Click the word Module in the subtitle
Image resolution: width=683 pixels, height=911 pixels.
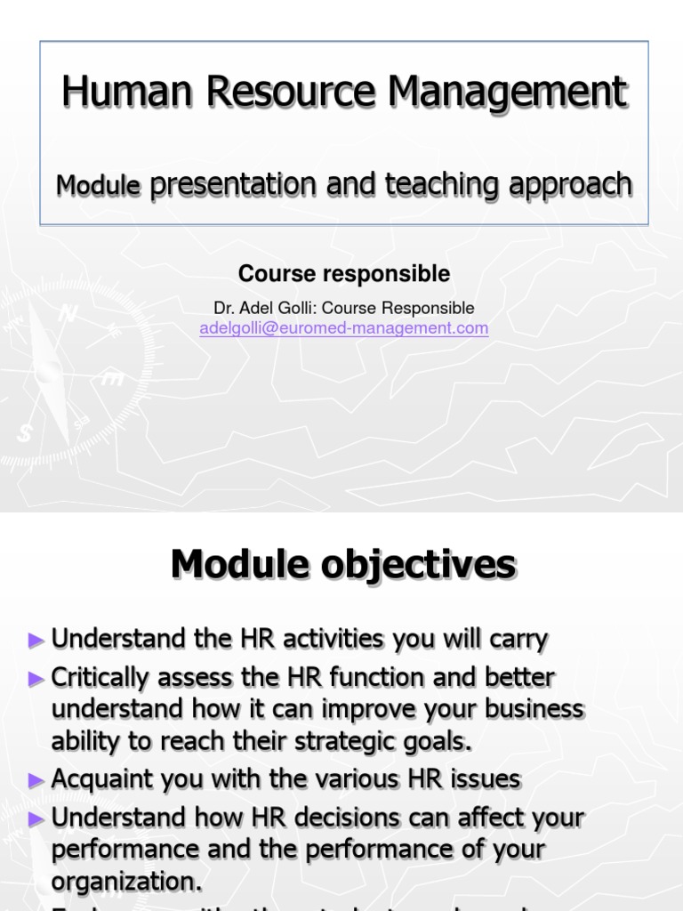pyautogui.click(x=98, y=185)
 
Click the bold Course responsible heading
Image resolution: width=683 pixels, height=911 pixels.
pyautogui.click(x=343, y=274)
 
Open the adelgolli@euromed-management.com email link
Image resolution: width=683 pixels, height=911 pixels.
pyautogui.click(x=343, y=328)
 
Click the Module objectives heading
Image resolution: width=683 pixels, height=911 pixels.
pyautogui.click(x=343, y=565)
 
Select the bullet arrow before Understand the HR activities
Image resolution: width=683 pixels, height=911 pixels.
pyautogui.click(x=36, y=639)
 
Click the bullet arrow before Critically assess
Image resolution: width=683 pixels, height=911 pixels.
pyautogui.click(x=36, y=679)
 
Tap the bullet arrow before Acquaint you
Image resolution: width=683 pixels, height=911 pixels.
pyautogui.click(x=36, y=780)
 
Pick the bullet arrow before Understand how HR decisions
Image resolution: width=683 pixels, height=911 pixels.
pyautogui.click(x=36, y=818)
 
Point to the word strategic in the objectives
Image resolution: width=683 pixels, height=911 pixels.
pyautogui.click(x=344, y=742)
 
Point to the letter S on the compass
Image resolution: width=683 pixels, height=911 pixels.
pyautogui.click(x=25, y=433)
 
